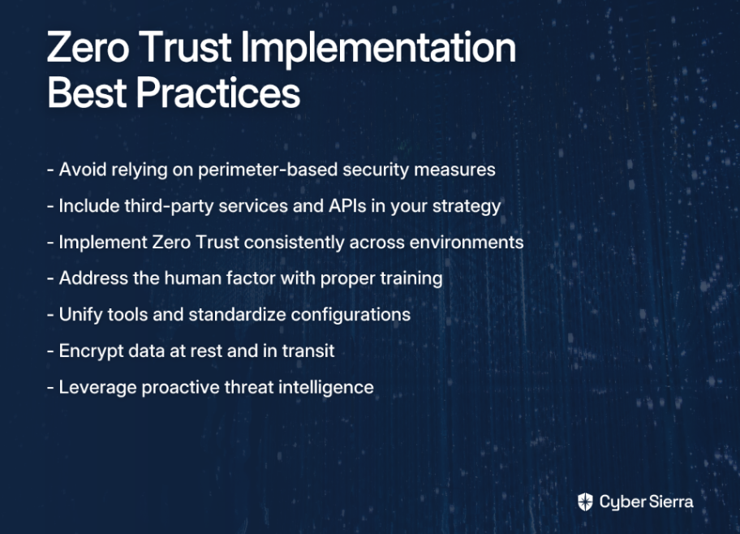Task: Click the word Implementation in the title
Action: point(378,49)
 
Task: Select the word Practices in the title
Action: point(218,93)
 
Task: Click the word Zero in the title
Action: point(88,47)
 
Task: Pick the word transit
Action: point(308,351)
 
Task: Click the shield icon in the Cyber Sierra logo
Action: point(585,502)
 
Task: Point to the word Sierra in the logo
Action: point(670,502)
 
